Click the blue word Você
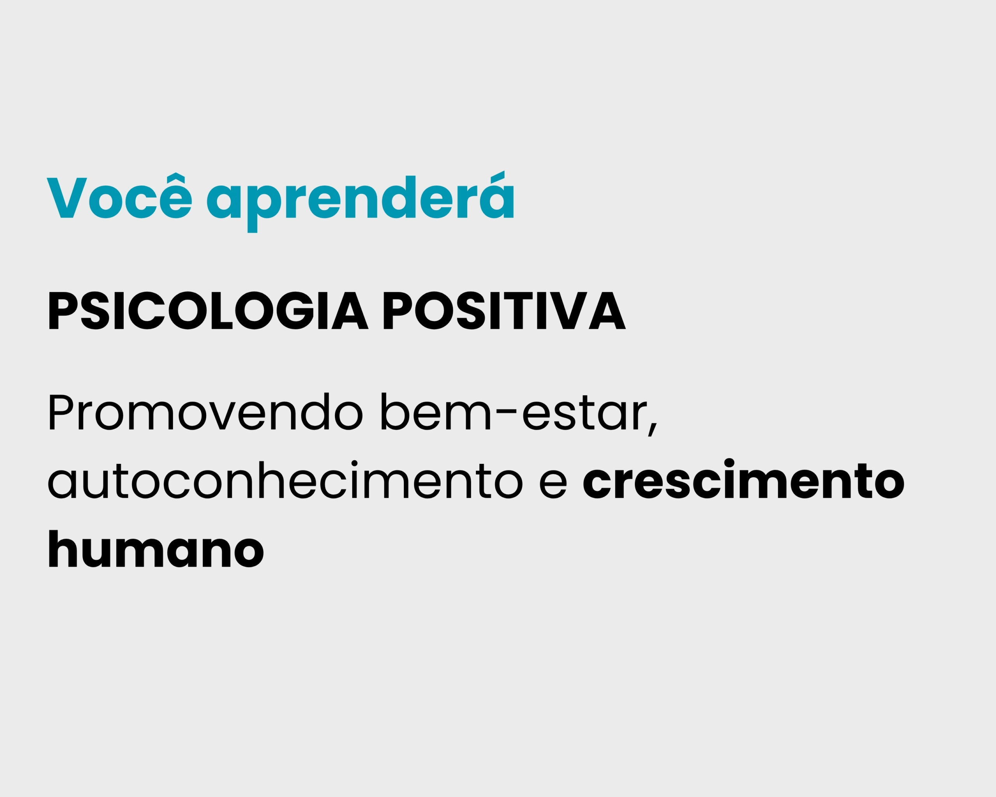coord(119,195)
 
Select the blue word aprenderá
coord(360,202)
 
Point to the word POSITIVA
coord(505,311)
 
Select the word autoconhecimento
coord(286,479)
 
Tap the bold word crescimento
coord(744,479)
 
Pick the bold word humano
coord(156,548)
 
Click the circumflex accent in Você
coord(175,178)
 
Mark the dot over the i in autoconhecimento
coord(354,463)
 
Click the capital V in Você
coord(67,198)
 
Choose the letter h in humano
coord(63,548)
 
